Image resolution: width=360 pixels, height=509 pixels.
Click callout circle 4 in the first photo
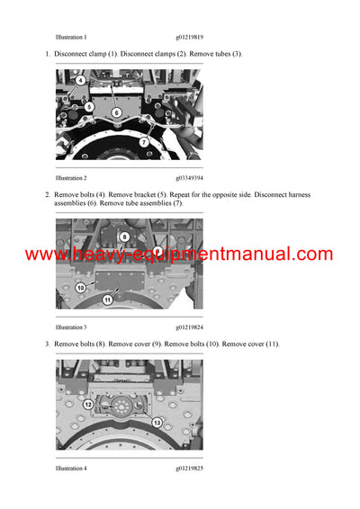80,81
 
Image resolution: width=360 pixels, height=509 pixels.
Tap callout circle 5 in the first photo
89,107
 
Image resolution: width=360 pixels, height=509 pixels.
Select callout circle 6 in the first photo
117,112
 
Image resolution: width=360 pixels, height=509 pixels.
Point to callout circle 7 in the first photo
143,142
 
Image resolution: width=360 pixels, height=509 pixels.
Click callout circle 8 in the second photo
124,237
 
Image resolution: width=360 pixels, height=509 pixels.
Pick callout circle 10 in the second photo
81,288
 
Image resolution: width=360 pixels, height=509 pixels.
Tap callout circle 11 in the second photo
107,299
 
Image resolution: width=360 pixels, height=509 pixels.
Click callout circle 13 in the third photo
156,423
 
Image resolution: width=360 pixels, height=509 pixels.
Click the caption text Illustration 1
71,37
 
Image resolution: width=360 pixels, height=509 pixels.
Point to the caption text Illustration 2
71,178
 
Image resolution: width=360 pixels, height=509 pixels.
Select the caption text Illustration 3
71,327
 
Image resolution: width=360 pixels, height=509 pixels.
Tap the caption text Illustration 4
71,469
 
